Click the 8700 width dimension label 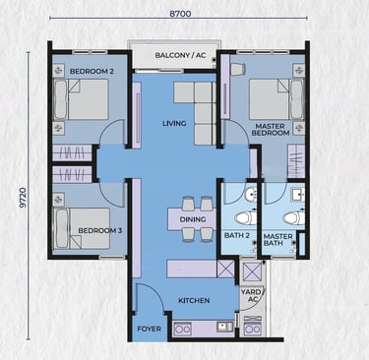(180, 14)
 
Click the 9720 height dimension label (23, 198)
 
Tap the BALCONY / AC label (180, 55)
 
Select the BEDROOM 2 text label (92, 71)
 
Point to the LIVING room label (174, 123)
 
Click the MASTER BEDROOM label (271, 130)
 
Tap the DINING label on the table (193, 219)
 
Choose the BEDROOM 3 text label (100, 230)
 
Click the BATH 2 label (237, 235)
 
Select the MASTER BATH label (277, 240)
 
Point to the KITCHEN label (194, 300)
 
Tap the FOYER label (149, 329)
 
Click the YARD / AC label (253, 295)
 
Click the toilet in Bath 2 (245, 218)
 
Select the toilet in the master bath (294, 218)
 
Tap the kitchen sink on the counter (224, 327)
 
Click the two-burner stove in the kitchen (182, 329)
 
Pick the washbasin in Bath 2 (251, 194)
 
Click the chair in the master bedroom (238, 69)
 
